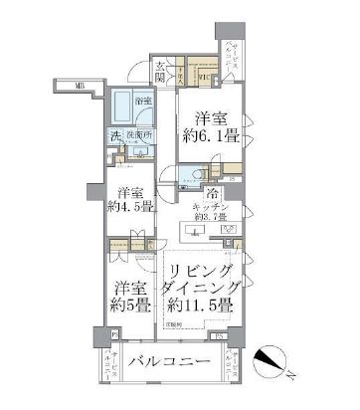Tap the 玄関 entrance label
pyautogui.click(x=159, y=75)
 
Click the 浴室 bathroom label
pyautogui.click(x=144, y=101)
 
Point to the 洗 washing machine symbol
pyautogui.click(x=115, y=137)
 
